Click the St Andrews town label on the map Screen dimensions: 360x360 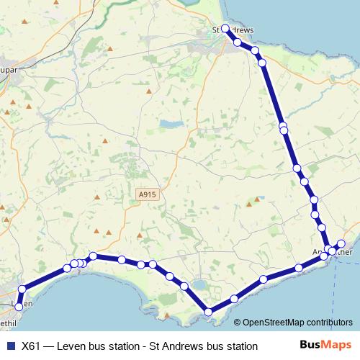tap(234, 30)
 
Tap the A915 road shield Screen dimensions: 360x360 tap(148, 194)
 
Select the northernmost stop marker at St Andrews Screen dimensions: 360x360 tap(225, 28)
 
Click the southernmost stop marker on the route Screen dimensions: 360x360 tap(209, 312)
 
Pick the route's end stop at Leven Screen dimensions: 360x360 tap(19, 308)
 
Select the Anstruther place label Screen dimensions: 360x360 tap(334, 253)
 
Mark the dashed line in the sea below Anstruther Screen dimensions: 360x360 tap(336, 288)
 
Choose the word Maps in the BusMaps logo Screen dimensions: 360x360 tap(336, 345)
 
